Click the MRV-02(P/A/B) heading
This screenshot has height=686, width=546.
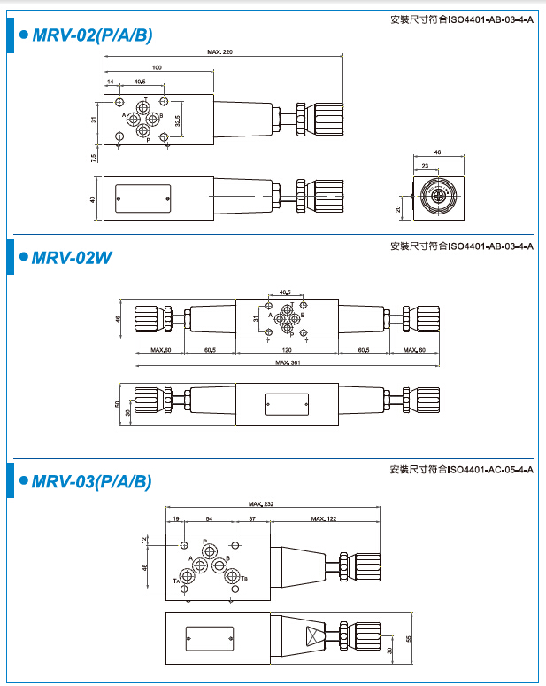[92, 36]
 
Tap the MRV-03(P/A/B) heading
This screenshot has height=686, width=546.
[92, 482]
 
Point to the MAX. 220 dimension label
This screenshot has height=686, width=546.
[219, 53]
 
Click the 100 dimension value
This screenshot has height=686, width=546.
[157, 67]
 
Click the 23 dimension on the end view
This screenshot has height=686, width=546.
[426, 166]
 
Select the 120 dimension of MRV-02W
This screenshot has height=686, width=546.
[287, 351]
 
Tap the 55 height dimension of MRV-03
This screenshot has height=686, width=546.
[408, 637]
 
